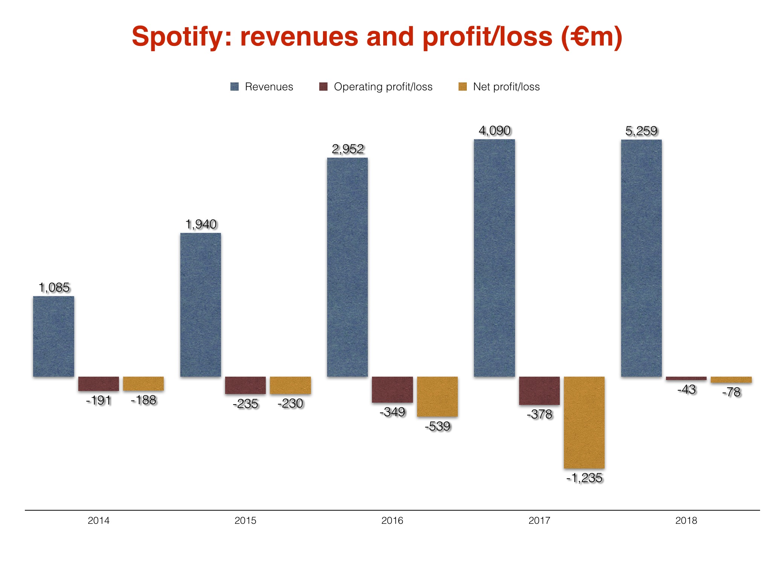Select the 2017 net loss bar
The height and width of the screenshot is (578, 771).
point(584,422)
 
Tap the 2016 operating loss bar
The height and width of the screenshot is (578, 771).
point(392,389)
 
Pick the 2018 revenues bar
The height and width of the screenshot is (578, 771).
point(641,258)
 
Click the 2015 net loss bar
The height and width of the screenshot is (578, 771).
point(290,385)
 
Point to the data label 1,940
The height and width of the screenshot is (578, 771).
point(201,224)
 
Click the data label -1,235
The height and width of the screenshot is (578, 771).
point(585,478)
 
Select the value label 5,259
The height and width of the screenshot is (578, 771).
point(641,131)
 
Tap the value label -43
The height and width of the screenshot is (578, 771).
point(686,389)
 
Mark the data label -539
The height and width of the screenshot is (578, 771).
point(437,426)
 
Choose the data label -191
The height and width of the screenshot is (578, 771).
point(98,400)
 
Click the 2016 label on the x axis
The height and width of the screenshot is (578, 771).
point(392,520)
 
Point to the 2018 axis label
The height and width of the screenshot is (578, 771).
point(686,520)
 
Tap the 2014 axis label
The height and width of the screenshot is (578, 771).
point(98,520)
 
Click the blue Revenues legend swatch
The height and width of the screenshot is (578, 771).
point(235,87)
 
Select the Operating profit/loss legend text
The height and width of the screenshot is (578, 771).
point(383,87)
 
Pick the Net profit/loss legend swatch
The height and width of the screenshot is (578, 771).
point(463,87)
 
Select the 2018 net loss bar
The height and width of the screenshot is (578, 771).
point(731,380)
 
